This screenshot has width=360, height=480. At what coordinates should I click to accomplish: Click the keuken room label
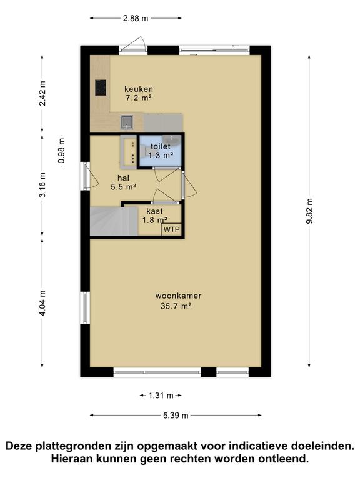point(139,89)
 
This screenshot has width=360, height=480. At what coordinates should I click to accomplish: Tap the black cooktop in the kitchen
point(101,87)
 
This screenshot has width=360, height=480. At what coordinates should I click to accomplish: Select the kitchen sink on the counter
point(127,122)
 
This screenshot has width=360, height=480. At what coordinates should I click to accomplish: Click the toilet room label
point(161,146)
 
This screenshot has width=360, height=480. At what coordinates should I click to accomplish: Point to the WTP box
point(171,229)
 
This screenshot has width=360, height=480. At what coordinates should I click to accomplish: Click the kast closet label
point(154,211)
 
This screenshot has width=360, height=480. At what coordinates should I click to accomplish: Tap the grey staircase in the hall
point(114,221)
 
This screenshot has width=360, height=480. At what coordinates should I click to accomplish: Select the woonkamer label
point(179,296)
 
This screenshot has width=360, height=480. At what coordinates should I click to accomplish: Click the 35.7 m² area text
point(176,306)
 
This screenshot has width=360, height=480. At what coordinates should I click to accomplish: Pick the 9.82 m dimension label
point(309,211)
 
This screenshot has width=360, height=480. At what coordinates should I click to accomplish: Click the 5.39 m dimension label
point(176,416)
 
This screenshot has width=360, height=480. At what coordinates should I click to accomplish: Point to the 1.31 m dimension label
point(161,396)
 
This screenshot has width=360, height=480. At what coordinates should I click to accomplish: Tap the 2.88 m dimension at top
point(136,18)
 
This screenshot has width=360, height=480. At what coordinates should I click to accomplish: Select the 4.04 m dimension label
point(42,303)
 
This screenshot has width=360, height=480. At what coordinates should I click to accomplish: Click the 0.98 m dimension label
point(61,151)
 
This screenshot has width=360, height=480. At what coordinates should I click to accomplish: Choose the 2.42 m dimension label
point(42,93)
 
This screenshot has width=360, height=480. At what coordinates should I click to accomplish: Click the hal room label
point(123,178)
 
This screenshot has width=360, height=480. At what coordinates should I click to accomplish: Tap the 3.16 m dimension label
point(42,185)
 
